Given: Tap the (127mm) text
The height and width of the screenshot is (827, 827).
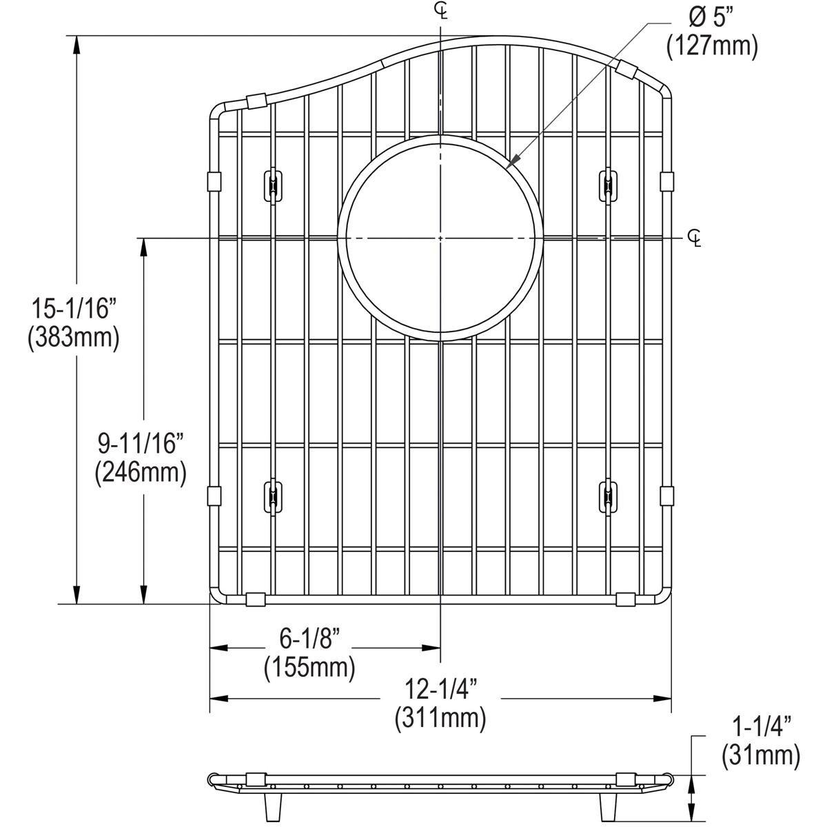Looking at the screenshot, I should (x=711, y=48).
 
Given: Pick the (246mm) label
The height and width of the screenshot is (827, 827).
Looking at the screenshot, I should (x=141, y=473).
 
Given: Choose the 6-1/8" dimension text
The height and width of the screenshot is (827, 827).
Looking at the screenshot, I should (x=309, y=640).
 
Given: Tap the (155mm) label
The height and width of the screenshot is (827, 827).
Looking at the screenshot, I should (x=309, y=668).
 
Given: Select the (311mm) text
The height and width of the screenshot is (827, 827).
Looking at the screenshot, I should (x=440, y=718).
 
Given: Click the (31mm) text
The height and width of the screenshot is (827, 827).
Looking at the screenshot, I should (x=760, y=755).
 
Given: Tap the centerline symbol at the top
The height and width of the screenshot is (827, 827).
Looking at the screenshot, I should (x=440, y=10).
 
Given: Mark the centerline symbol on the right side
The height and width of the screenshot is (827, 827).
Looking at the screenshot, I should (x=695, y=238).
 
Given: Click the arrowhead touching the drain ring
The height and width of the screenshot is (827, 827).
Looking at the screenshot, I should (x=511, y=164).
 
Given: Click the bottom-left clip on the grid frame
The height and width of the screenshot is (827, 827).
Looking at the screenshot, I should (x=256, y=599).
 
